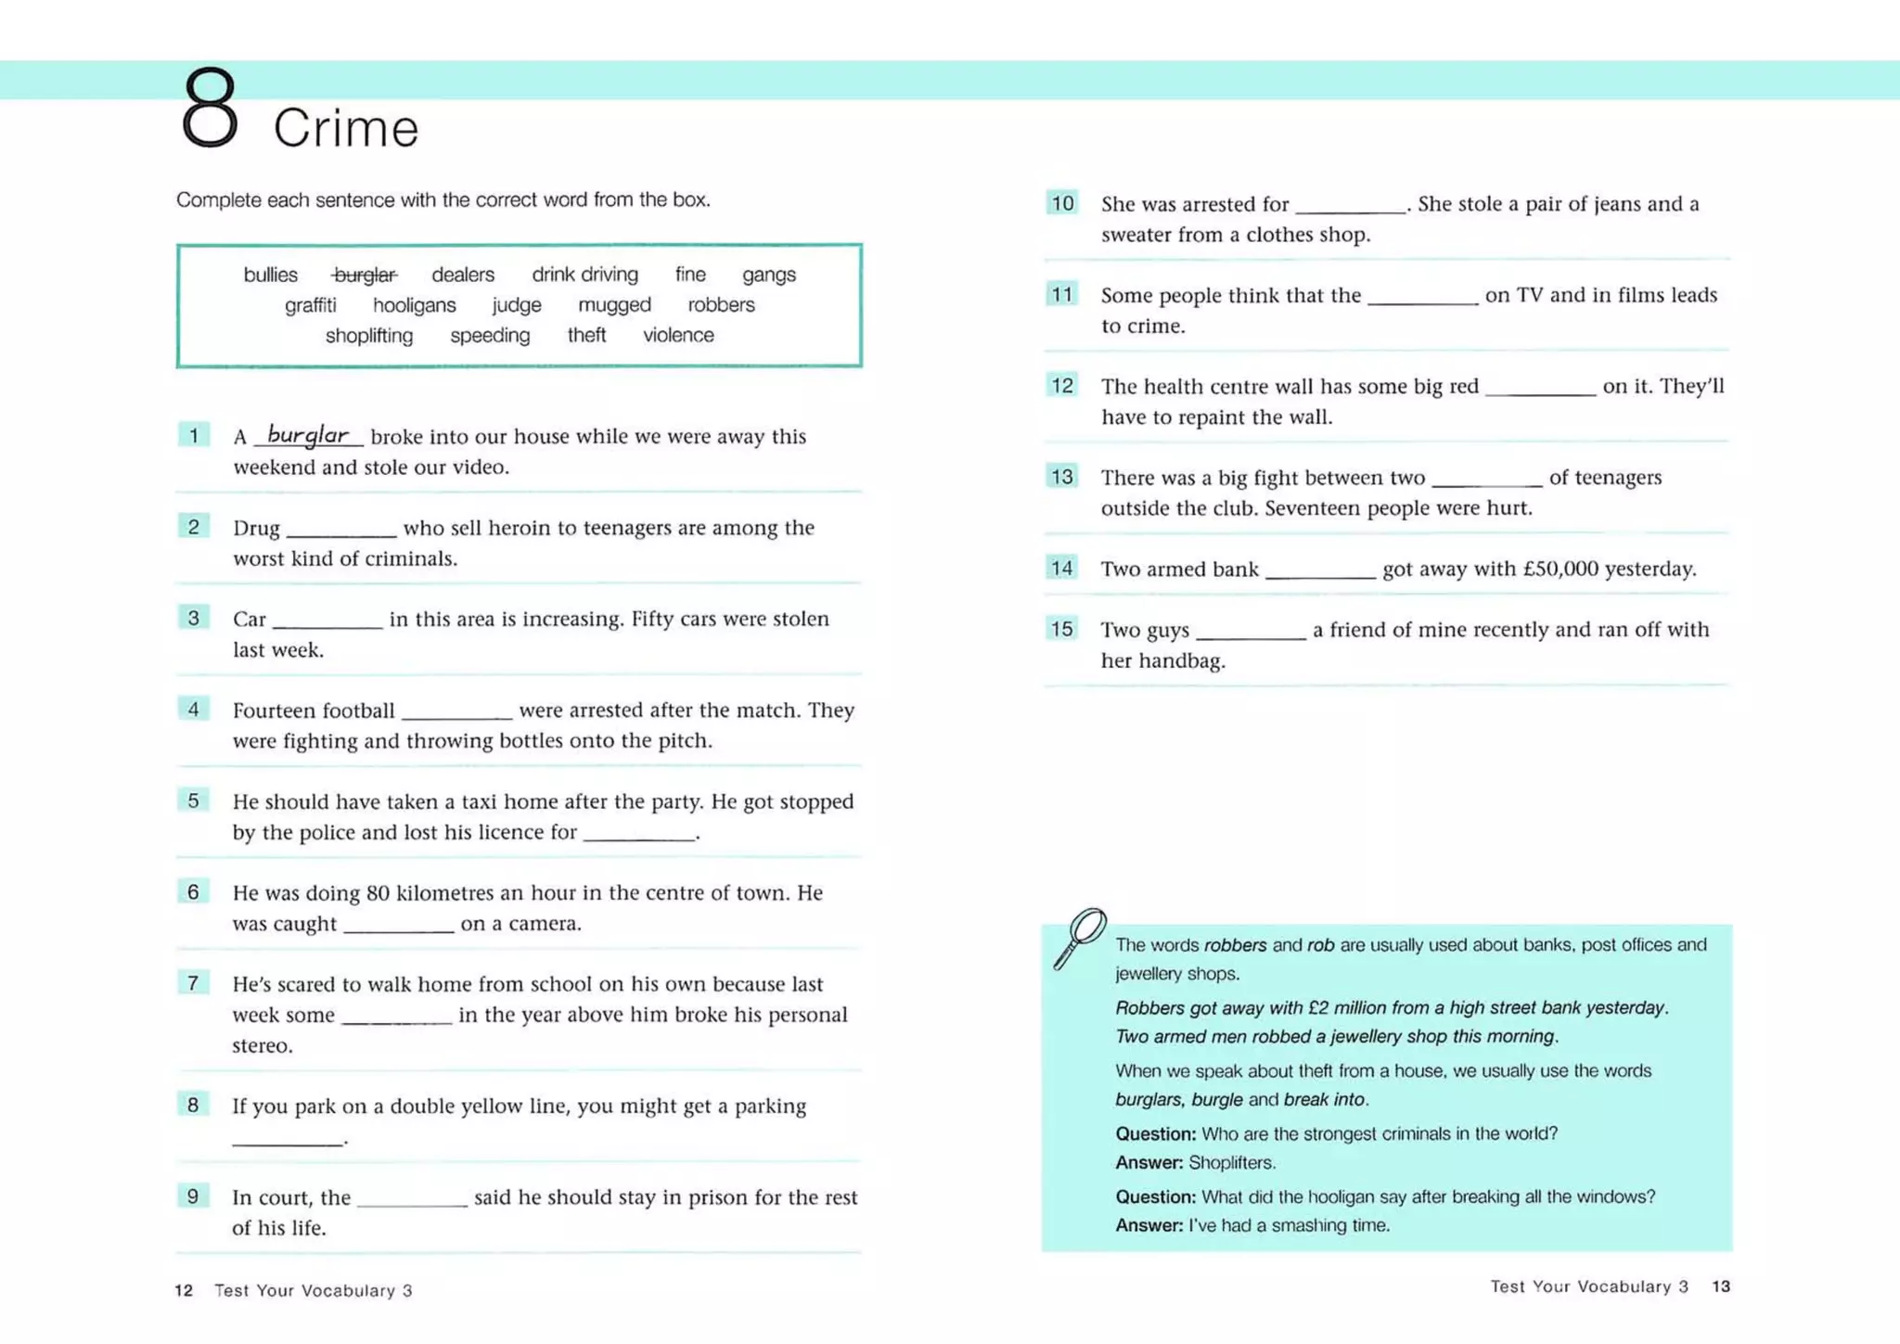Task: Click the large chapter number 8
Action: pos(211,108)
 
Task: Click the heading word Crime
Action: pos(345,128)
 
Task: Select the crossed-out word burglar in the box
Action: pos(365,275)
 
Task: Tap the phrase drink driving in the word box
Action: pos(584,275)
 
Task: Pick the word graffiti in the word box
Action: pos(310,305)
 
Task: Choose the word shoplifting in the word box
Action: pos(368,336)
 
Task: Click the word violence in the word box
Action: pos(678,336)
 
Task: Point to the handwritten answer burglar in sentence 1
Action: pos(308,434)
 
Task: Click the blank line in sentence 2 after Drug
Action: pos(341,531)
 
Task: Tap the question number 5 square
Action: pos(193,800)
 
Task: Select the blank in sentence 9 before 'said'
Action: pos(412,1200)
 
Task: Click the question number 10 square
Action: pos(1062,203)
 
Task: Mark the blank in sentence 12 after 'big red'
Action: pos(1540,390)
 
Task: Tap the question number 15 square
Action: pos(1062,629)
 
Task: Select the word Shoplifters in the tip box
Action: pos(1232,1163)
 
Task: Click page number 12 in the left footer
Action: pos(184,1290)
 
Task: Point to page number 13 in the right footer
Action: pos(1721,1286)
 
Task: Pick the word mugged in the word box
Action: pos(614,305)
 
